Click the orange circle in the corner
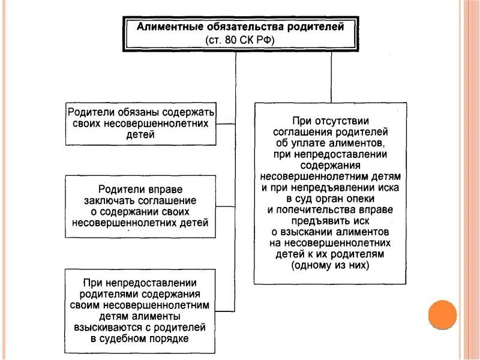(443, 314)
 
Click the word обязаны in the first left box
(127, 112)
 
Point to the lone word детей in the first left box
(141, 134)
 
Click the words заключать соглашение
(140, 201)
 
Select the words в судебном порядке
(140, 339)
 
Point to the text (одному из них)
(330, 265)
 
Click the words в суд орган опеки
(330, 198)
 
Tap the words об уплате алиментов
(330, 143)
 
